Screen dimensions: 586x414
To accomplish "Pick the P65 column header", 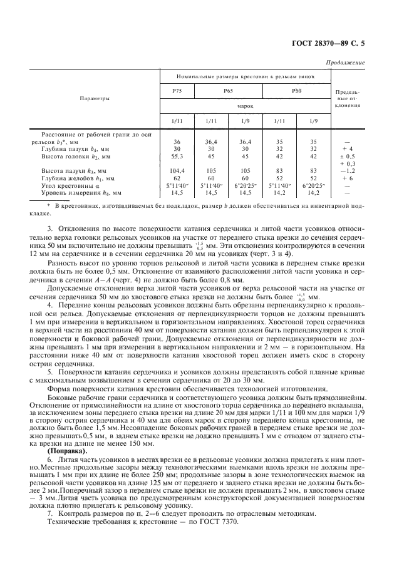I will pos(228,91).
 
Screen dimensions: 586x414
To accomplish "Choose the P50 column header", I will pos(296,91).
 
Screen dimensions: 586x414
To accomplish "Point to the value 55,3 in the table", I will pos(177,156).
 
